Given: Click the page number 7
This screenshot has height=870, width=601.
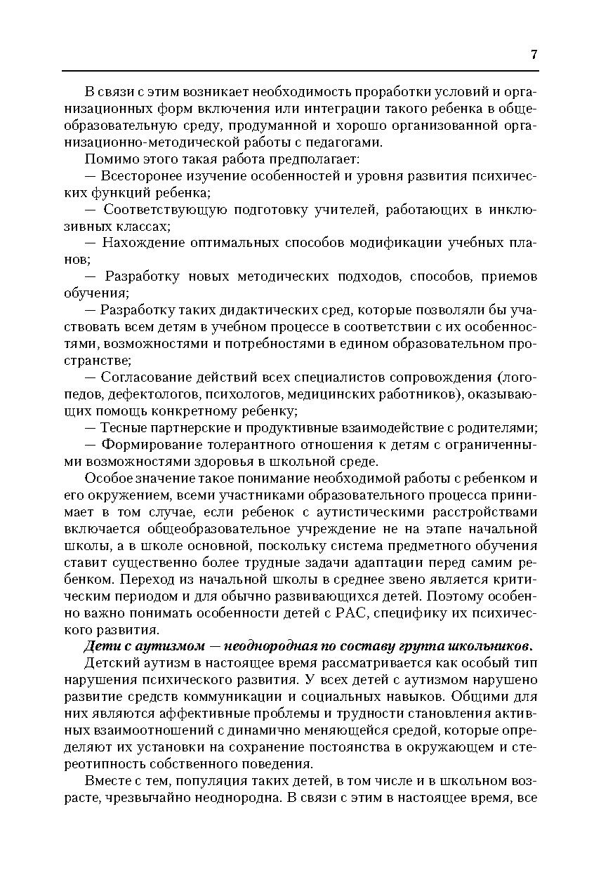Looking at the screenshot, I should pos(534,55).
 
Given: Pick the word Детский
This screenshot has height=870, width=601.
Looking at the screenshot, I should pos(107,664).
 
